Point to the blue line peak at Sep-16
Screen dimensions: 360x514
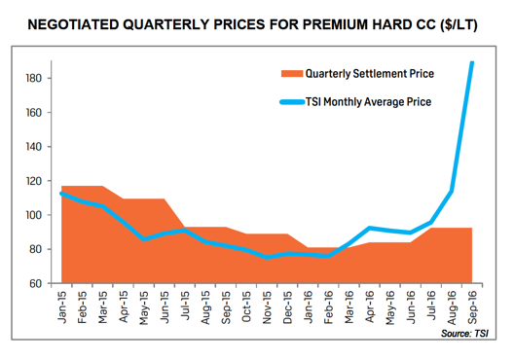pyautogui.click(x=473, y=63)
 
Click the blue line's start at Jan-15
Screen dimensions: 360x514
pyautogui.click(x=62, y=194)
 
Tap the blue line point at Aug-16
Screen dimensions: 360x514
pyautogui.click(x=453, y=191)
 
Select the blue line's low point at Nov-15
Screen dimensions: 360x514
pyautogui.click(x=268, y=257)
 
